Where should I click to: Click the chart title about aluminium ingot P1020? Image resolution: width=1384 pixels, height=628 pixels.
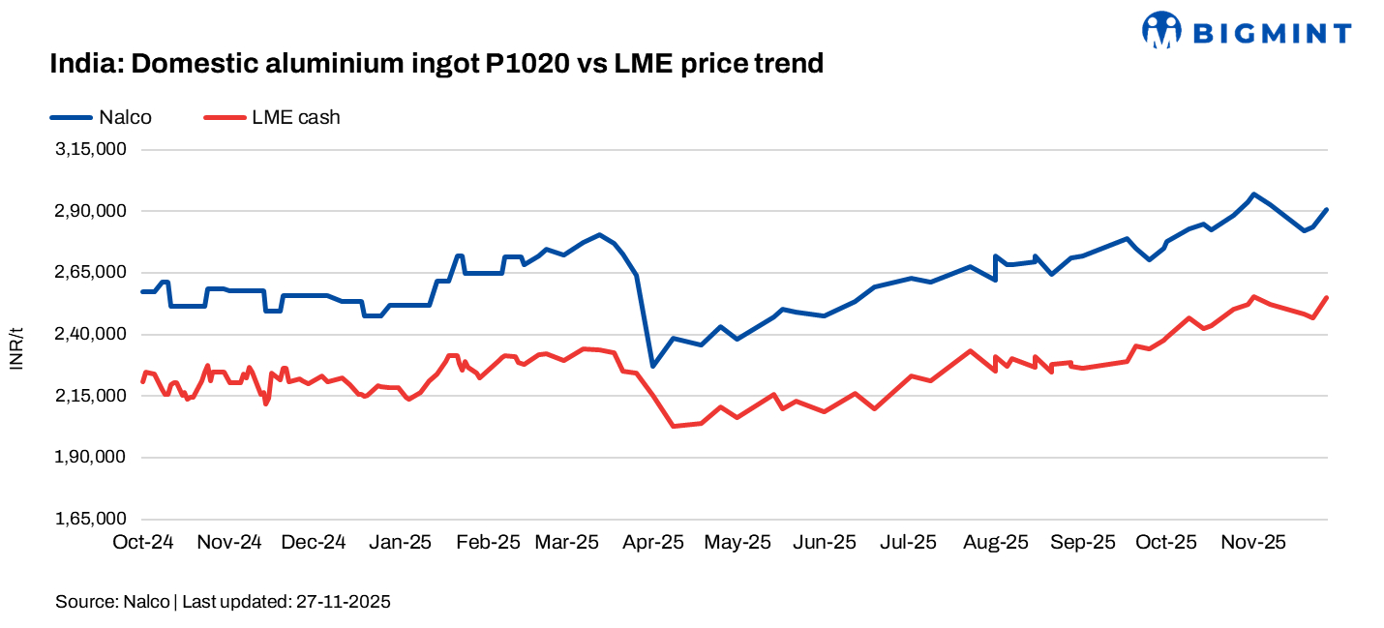(436, 64)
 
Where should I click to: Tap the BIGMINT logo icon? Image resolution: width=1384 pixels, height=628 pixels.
(1161, 30)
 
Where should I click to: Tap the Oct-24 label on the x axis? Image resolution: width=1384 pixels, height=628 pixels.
(143, 542)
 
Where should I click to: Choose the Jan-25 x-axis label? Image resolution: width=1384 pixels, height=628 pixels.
(400, 542)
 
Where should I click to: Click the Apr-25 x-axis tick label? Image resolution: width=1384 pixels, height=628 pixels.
(653, 542)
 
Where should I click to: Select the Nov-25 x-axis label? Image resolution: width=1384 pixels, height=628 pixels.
(1253, 542)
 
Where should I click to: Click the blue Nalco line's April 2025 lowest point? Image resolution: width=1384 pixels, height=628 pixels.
(653, 366)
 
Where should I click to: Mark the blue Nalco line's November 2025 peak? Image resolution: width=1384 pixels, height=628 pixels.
(1253, 194)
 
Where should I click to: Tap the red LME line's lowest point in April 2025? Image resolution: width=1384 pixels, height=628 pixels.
(673, 426)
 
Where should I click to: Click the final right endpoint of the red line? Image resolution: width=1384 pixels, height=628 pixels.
(1327, 297)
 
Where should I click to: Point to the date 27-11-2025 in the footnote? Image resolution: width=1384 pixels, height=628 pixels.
(342, 602)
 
